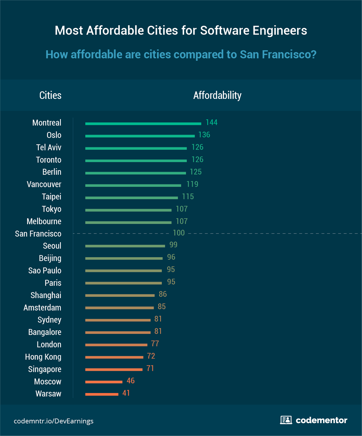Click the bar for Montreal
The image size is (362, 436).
pos(143,124)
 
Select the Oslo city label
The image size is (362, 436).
pos(54,135)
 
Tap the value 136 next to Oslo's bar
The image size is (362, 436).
pos(204,135)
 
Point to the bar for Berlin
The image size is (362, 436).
pos(135,173)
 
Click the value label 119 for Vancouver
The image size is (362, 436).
pos(192,184)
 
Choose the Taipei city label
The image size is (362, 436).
pos(51,197)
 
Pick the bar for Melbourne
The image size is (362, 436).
pos(128,223)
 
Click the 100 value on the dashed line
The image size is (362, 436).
pos(179,233)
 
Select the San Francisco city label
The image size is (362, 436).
pos(38,234)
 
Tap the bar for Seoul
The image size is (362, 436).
pos(125,246)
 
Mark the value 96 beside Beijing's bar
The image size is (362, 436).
pos(171,257)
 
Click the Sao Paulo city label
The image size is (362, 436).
pos(45,271)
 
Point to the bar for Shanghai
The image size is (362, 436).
pos(120,295)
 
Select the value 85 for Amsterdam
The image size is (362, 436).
pos(161,307)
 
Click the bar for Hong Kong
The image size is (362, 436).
pos(114,357)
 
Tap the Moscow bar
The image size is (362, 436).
pos(104,382)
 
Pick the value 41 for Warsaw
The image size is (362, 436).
pos(126,393)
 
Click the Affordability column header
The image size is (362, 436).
pos(217,95)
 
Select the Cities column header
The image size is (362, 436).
pos(50,95)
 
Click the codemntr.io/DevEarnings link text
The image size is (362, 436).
pos(53,421)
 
